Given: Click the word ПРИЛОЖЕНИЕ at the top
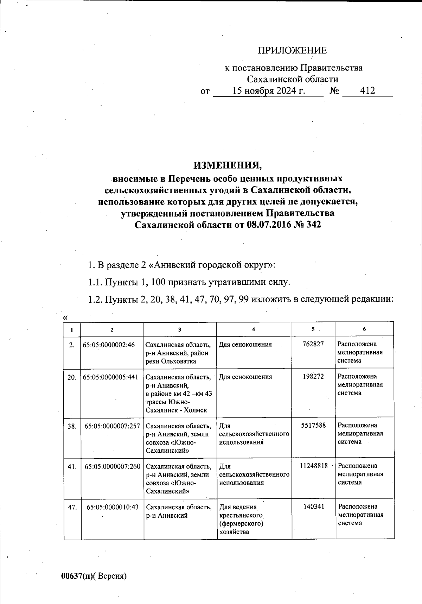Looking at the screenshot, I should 293,51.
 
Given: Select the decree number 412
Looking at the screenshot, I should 367,91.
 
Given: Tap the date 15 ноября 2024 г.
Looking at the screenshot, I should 269,91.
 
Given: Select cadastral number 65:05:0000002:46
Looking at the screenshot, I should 109,345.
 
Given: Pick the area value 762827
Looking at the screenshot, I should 313,344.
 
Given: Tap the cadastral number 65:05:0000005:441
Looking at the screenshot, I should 110,377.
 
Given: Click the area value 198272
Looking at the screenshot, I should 313,377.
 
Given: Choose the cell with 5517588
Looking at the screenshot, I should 313,425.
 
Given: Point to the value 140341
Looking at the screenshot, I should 313,507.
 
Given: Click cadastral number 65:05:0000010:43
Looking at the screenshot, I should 113,507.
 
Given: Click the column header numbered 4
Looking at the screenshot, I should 254,329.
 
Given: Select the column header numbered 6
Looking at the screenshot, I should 364,329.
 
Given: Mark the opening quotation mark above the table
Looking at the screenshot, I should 65,318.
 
